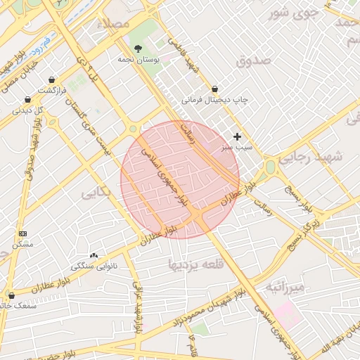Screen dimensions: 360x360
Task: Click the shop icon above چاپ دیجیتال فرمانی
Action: (214, 89)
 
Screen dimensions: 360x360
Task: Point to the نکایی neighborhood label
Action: (97, 192)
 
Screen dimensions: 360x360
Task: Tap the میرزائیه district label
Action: (285, 288)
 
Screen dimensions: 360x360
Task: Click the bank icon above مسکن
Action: (22, 233)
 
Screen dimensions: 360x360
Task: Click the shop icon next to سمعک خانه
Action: (11, 295)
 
